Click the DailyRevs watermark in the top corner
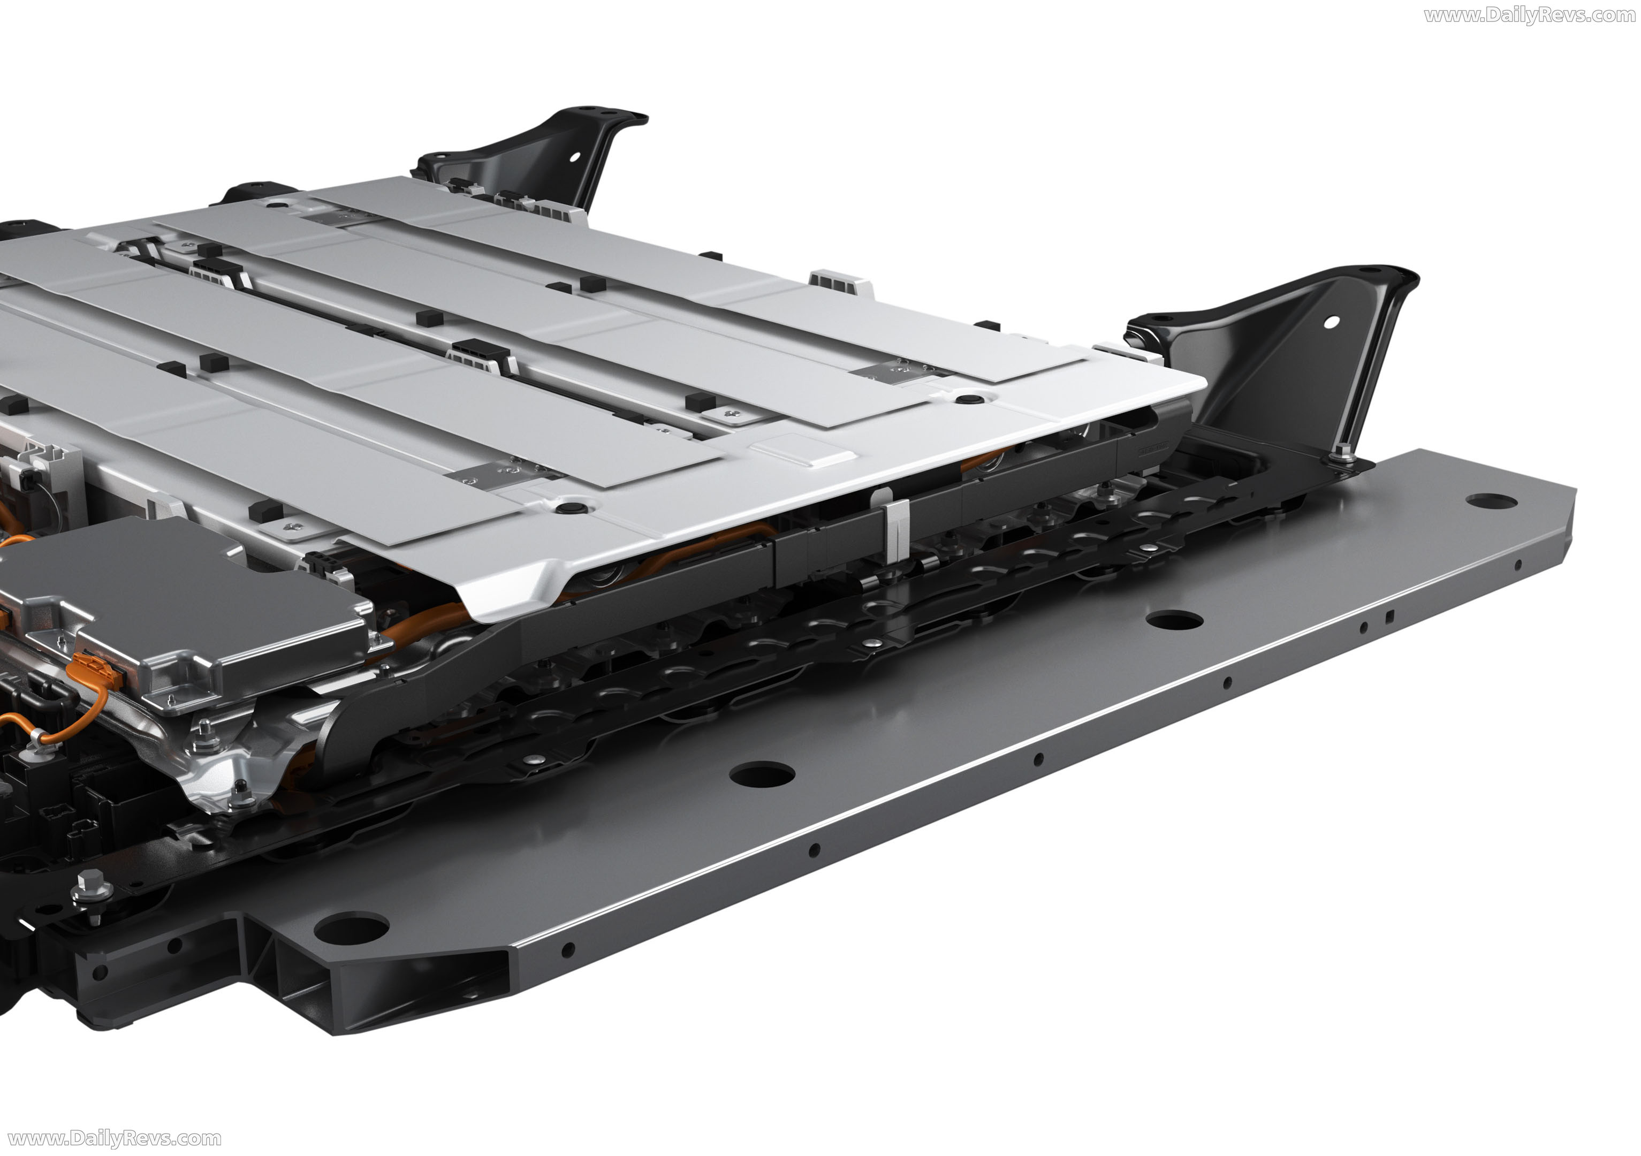point(1530,15)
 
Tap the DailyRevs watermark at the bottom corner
point(113,1138)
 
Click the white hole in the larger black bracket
point(1332,322)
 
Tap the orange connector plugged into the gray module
point(96,670)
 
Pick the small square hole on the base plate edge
point(1389,616)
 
